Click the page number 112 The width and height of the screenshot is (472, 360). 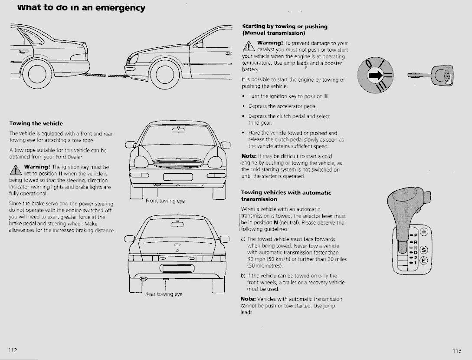coord(12,350)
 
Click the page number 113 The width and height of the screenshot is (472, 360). coord(457,351)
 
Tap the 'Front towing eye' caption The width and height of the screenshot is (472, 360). coord(165,201)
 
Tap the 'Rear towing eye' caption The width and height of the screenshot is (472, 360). coord(164,294)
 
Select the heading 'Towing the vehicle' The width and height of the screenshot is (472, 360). coord(36,124)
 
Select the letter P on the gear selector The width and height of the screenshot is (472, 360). coord(415,235)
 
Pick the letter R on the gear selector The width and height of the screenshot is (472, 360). coord(415,242)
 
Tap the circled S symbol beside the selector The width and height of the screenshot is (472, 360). coord(424,249)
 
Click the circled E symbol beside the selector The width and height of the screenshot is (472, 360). coord(424,261)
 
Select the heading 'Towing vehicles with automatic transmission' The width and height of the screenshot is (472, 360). coord(286,195)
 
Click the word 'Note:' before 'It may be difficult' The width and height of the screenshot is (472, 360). coord(249,156)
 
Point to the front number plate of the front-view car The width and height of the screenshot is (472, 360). coord(177,177)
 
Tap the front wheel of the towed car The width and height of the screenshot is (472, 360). coord(165,75)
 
